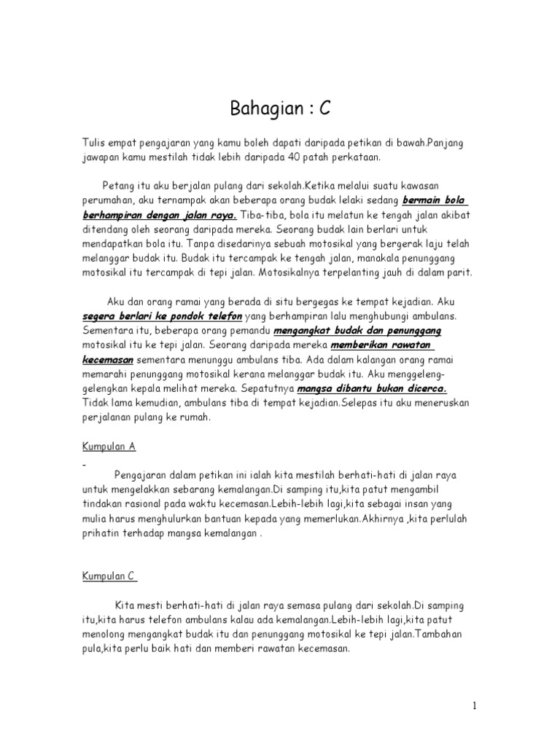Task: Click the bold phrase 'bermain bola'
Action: pyautogui.click(x=435, y=200)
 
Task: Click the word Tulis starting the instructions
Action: pyautogui.click(x=93, y=143)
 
